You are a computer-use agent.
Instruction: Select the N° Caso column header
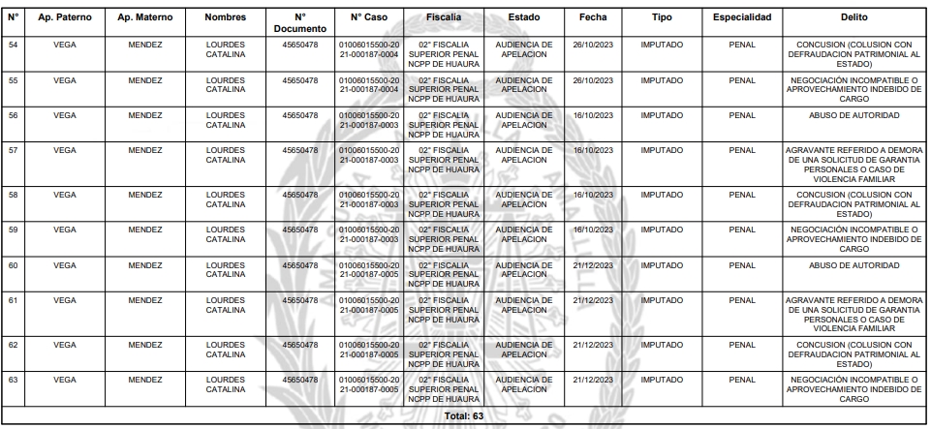(368, 18)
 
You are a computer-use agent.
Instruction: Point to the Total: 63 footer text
(464, 416)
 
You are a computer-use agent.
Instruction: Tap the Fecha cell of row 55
(593, 80)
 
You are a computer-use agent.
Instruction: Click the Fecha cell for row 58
(593, 194)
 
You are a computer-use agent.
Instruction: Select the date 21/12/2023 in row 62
(593, 343)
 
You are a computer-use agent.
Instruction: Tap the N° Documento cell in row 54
(299, 45)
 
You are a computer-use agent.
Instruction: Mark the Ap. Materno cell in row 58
(144, 194)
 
